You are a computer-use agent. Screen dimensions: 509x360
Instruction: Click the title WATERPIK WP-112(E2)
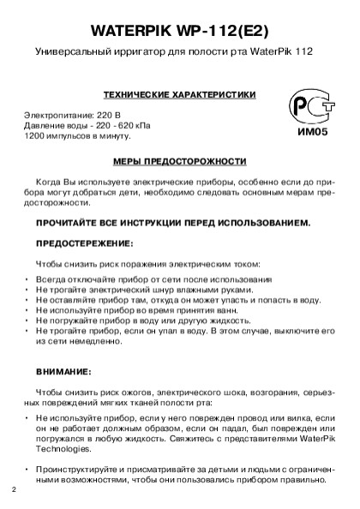point(180,30)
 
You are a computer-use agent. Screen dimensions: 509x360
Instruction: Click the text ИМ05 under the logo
point(306,133)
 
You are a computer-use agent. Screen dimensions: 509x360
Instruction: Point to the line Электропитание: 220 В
point(72,115)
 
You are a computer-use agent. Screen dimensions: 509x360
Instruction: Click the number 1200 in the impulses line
point(33,135)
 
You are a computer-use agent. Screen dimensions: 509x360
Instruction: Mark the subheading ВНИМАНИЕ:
point(63,372)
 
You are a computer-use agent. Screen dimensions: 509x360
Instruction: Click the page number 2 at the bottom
point(14,490)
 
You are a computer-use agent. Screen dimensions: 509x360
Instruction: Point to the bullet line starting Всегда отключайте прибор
point(154,280)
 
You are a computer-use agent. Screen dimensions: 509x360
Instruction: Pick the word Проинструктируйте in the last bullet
point(74,470)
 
